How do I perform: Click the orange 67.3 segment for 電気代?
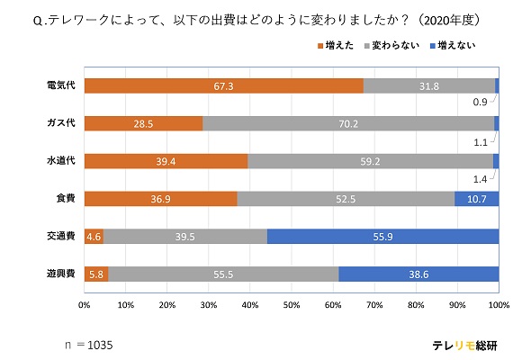[223, 85]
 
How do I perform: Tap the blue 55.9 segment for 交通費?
[382, 236]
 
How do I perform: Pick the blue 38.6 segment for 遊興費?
[418, 274]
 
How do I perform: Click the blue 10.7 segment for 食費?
[476, 198]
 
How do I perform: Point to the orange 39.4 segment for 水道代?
[166, 160]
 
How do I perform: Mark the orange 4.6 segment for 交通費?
[94, 236]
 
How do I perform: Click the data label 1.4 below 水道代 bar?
[481, 179]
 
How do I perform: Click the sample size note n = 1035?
[89, 344]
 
